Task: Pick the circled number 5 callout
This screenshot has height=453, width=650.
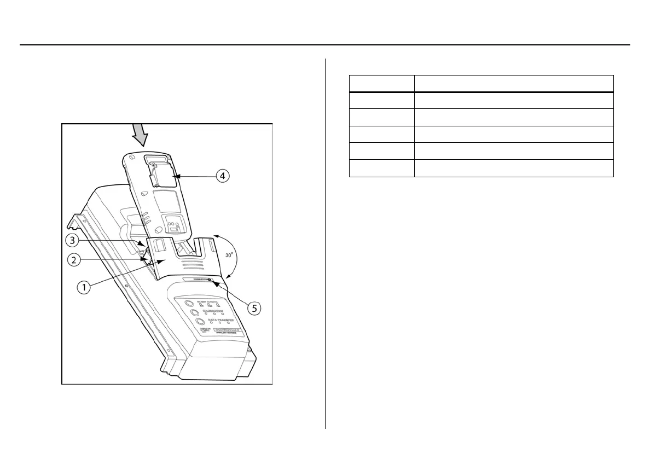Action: click(x=254, y=307)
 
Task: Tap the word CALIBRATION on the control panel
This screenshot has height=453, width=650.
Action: click(x=213, y=309)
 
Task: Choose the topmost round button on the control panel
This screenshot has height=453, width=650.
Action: click(x=188, y=303)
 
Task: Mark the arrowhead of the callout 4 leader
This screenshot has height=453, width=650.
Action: click(x=176, y=176)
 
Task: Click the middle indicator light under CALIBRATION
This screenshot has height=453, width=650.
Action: click(x=213, y=313)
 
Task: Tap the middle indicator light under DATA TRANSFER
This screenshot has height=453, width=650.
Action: click(x=220, y=323)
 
